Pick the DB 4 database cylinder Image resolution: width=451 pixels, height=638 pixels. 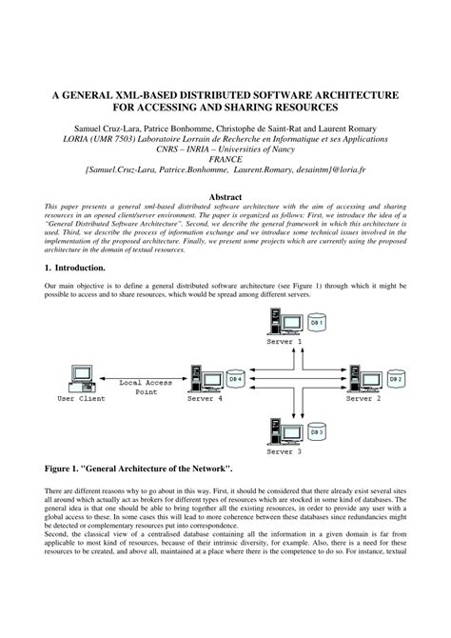pyautogui.click(x=235, y=380)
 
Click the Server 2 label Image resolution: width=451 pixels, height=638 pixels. pyautogui.click(x=363, y=397)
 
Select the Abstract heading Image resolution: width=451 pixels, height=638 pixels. pyautogui.click(x=225, y=196)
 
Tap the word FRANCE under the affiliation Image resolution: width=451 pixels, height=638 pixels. pyautogui.click(x=225, y=160)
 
